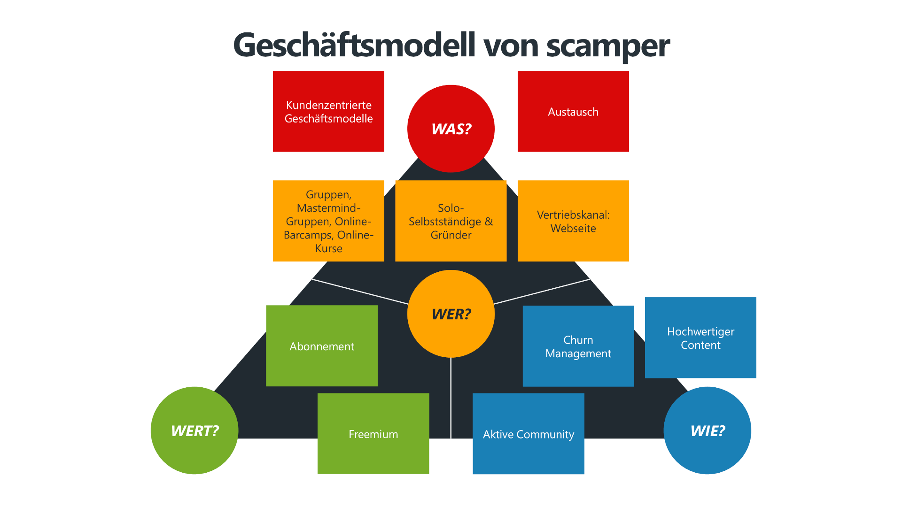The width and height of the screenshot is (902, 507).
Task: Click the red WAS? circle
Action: [x=451, y=128]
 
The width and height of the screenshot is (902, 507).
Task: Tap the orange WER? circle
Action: [x=451, y=314]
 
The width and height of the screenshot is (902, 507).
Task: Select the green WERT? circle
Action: [x=194, y=430]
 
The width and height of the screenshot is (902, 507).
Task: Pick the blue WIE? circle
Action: [x=707, y=430]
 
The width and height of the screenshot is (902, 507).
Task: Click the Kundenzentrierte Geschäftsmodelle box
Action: [x=328, y=111]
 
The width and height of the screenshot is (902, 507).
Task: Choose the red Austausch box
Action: [x=573, y=111]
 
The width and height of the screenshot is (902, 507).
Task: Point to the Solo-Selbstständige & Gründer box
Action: [x=451, y=221]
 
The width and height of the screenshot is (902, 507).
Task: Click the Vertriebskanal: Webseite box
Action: [x=573, y=221]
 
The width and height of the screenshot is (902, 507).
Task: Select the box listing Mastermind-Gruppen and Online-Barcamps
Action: [x=328, y=221]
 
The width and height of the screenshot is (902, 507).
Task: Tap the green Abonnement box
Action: [x=322, y=346]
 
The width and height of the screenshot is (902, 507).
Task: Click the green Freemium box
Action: [x=373, y=434]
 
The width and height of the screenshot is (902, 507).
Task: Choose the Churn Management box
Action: [x=578, y=346]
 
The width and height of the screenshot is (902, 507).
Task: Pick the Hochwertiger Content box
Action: [x=700, y=338]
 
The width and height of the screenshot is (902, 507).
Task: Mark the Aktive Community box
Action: [x=529, y=434]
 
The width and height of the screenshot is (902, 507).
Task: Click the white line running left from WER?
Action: [x=359, y=292]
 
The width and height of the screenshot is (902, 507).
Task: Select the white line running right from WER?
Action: [x=543, y=292]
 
